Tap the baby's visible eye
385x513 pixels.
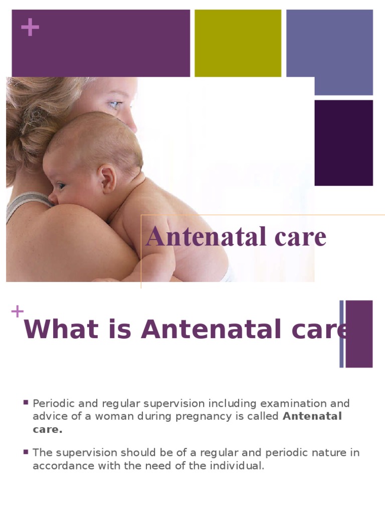pyautogui.click(x=61, y=186)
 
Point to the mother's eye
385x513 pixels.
pyautogui.click(x=115, y=105)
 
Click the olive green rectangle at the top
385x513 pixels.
pyautogui.click(x=238, y=43)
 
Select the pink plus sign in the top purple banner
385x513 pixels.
pyautogui.click(x=30, y=28)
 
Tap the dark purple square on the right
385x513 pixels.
pyautogui.click(x=343, y=143)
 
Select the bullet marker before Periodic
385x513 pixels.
pyautogui.click(x=26, y=402)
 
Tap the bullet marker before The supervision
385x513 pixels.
pyautogui.click(x=26, y=452)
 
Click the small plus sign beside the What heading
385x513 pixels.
pyautogui.click(x=17, y=312)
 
